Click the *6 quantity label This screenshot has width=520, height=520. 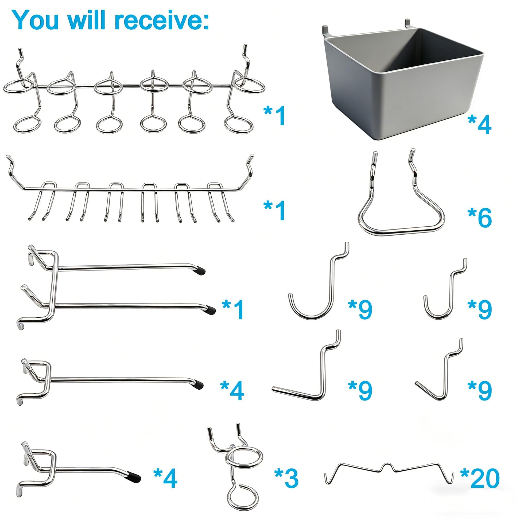[x=480, y=217]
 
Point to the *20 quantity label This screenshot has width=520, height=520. [x=480, y=478]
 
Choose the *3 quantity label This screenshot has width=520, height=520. [x=286, y=478]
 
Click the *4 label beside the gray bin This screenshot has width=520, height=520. [x=480, y=124]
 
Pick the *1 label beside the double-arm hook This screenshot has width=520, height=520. [x=233, y=309]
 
